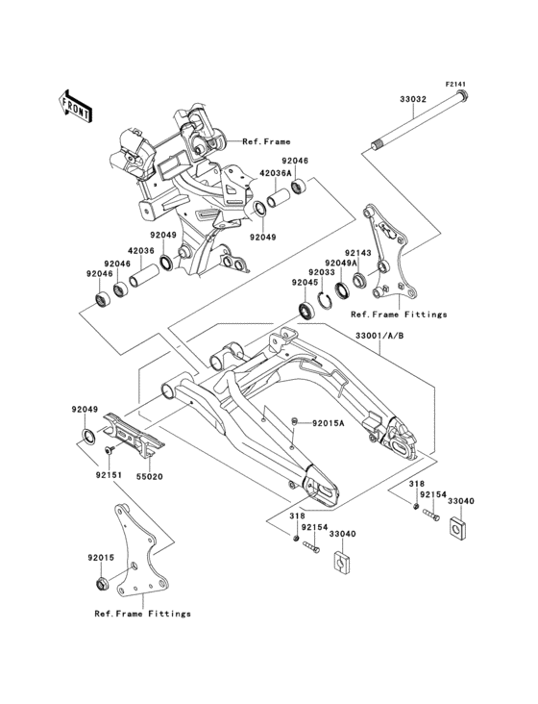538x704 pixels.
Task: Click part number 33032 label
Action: (x=413, y=99)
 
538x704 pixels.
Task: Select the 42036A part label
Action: (x=275, y=172)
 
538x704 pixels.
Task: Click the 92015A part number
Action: (x=329, y=422)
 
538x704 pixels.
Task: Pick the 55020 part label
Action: (x=149, y=476)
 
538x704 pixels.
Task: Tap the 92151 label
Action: (x=109, y=474)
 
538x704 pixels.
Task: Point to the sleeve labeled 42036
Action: (x=144, y=275)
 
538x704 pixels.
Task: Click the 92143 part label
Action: (x=357, y=253)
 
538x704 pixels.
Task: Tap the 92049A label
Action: (x=342, y=263)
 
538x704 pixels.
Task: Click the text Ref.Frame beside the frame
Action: (x=266, y=141)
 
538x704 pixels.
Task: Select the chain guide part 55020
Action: (x=134, y=436)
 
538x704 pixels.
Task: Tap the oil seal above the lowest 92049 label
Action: (x=87, y=436)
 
